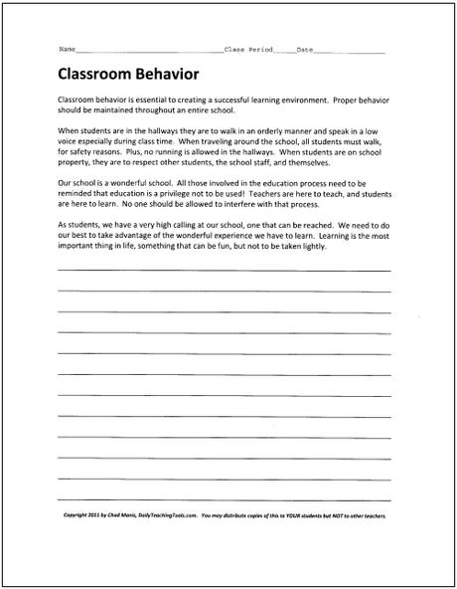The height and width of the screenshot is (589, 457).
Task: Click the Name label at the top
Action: point(68,49)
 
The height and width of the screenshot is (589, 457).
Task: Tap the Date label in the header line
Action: point(305,49)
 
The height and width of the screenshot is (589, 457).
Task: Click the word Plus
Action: point(145,151)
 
